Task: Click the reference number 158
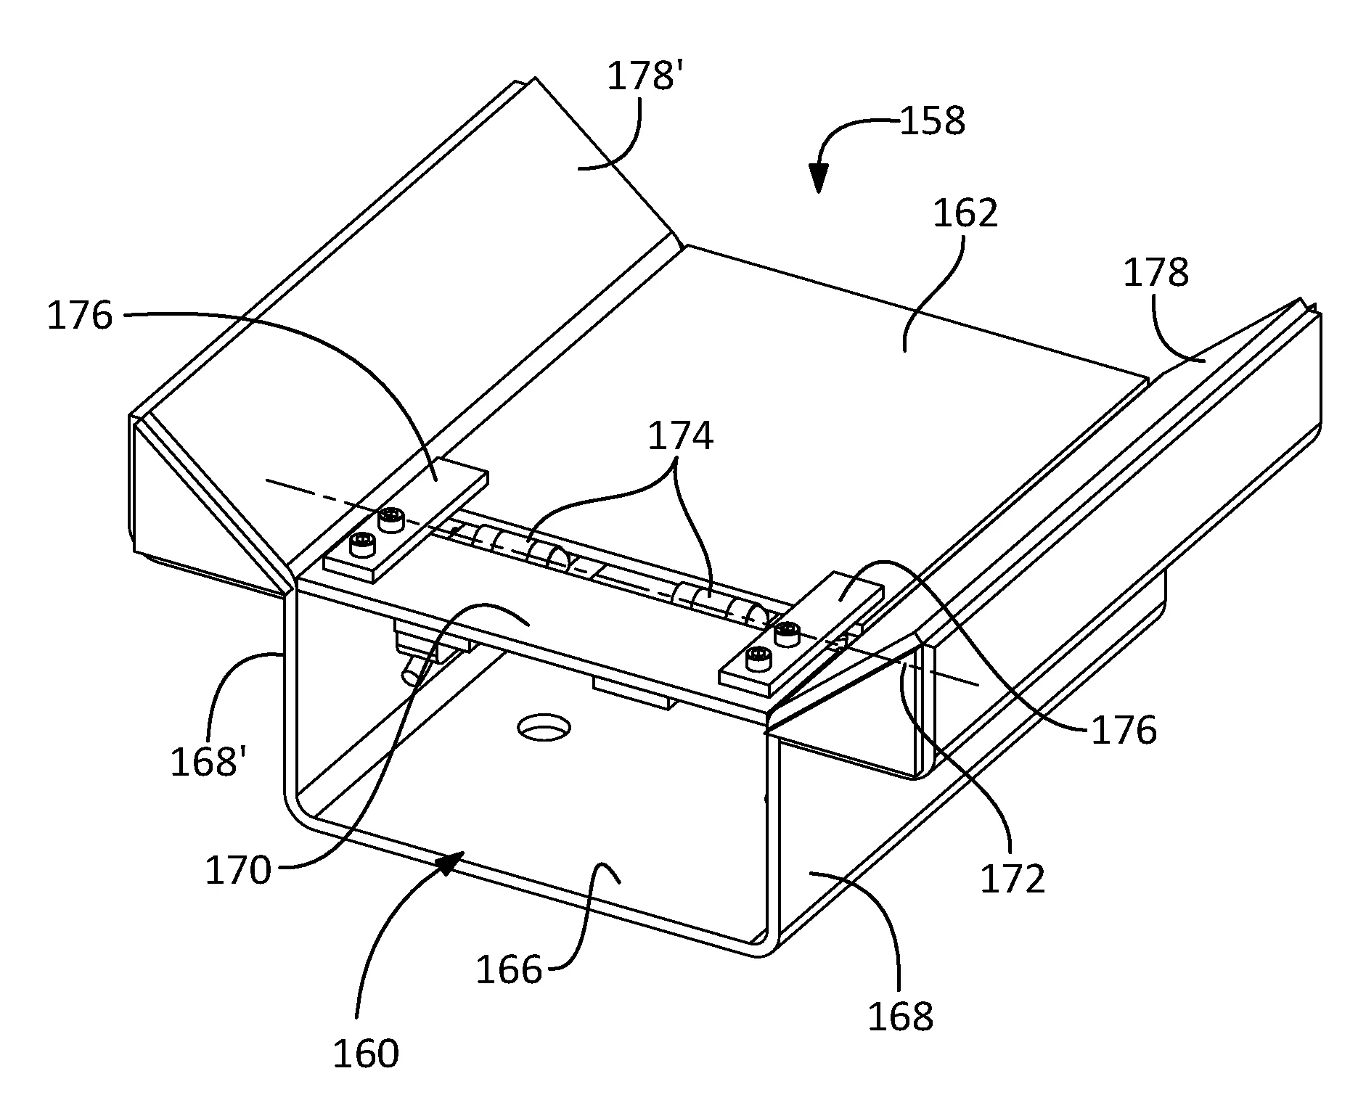(932, 121)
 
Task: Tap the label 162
(965, 213)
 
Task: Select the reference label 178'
(644, 76)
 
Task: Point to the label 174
(680, 437)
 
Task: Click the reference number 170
(238, 870)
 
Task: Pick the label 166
(509, 969)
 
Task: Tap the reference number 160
(366, 1054)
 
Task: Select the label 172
(1013, 879)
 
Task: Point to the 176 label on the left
(80, 316)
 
